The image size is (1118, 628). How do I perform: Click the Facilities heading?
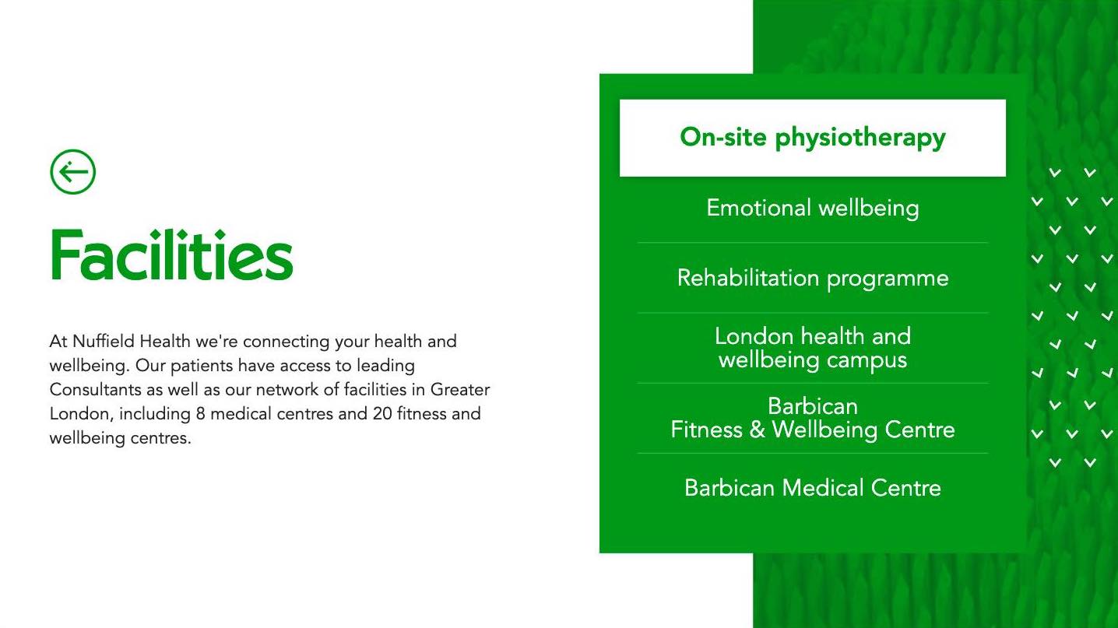pyautogui.click(x=172, y=255)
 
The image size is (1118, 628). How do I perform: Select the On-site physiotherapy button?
pyautogui.click(x=813, y=138)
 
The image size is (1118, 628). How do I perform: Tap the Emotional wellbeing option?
pyautogui.click(x=813, y=208)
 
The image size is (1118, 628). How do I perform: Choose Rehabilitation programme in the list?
pyautogui.click(x=813, y=279)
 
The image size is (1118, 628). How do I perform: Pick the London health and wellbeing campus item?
pyautogui.click(x=813, y=348)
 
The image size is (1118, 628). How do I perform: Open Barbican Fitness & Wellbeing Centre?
pyautogui.click(x=813, y=418)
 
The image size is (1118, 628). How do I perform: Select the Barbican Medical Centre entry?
pyautogui.click(x=813, y=488)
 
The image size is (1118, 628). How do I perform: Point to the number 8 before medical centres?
pyautogui.click(x=201, y=414)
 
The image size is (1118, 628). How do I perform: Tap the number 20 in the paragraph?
pyautogui.click(x=382, y=414)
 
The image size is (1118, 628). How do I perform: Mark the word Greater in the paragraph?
pyautogui.click(x=460, y=390)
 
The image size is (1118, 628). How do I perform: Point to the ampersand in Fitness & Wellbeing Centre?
pyautogui.click(x=758, y=430)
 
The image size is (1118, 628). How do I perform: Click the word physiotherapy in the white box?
pyautogui.click(x=860, y=139)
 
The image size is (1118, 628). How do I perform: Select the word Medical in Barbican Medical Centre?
pyautogui.click(x=822, y=488)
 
